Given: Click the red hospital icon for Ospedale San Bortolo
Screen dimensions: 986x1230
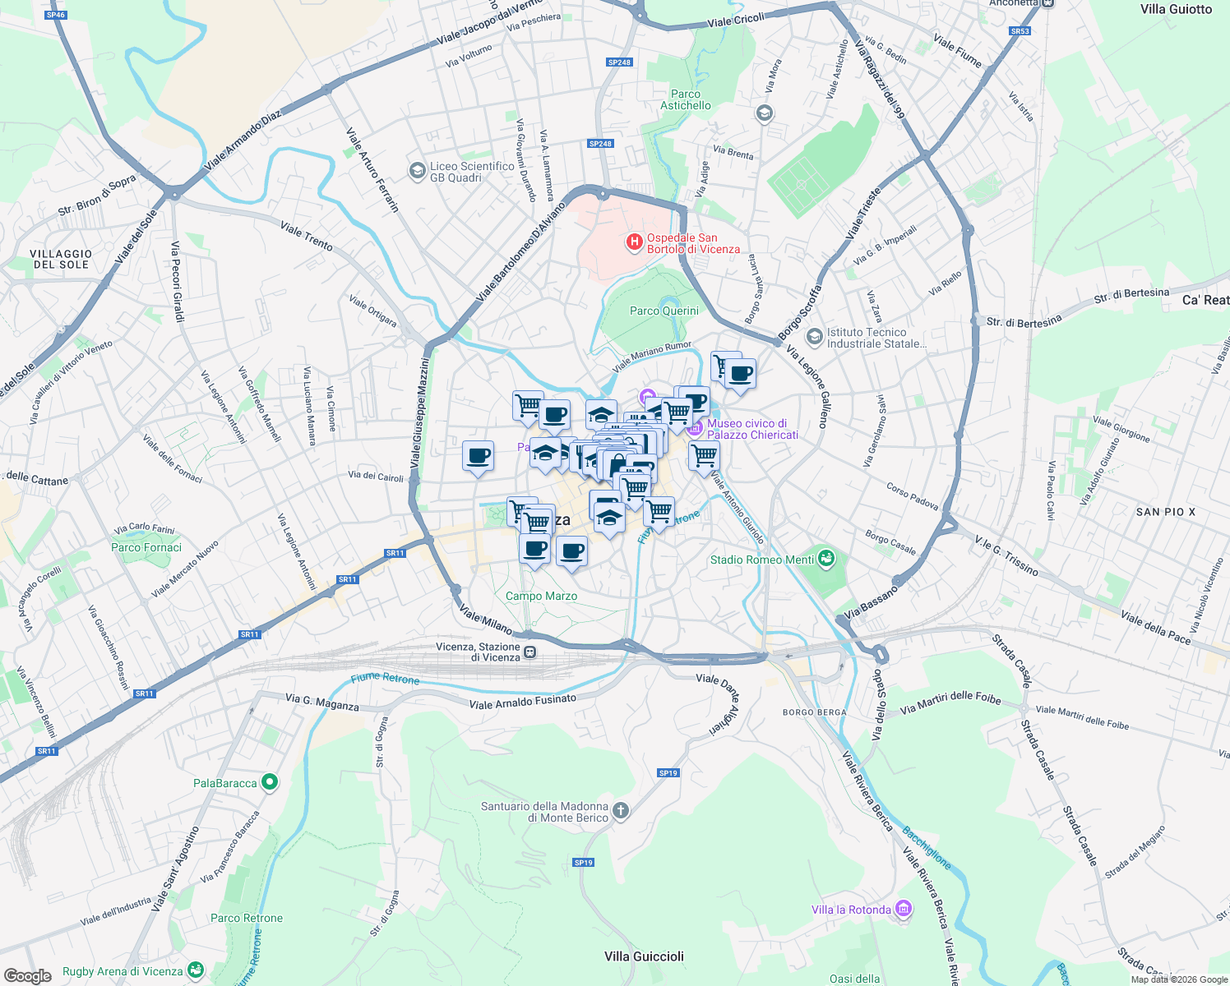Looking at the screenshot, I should (634, 242).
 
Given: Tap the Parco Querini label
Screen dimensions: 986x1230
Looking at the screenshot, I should (664, 311).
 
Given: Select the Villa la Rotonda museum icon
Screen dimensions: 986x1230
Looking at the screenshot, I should (904, 909).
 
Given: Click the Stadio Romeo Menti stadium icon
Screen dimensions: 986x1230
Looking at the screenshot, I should (826, 560).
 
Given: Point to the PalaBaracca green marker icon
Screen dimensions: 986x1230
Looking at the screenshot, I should (269, 782).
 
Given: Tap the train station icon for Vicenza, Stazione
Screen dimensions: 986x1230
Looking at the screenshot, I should (530, 652).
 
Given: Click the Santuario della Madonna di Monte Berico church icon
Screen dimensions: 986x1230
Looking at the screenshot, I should (620, 812).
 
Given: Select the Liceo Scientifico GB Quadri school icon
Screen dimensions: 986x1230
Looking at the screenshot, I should (417, 171).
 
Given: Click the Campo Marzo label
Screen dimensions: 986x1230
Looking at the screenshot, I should (541, 596).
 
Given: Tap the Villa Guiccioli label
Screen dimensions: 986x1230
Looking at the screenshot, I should (644, 956).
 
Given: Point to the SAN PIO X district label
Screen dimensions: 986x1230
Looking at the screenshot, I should (1165, 512).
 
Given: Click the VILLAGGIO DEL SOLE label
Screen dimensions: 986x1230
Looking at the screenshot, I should (61, 260).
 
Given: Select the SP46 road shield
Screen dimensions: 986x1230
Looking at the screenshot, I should (56, 15).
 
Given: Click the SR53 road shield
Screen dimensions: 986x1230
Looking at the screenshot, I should (1020, 31).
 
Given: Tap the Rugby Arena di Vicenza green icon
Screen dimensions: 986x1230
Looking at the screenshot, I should (195, 971).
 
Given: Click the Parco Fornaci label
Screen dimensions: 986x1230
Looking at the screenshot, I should (146, 547).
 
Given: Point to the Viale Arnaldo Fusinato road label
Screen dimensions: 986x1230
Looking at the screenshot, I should (522, 701).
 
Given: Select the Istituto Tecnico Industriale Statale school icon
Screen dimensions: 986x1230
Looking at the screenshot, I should (814, 337).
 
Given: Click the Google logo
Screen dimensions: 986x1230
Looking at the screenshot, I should (27, 975).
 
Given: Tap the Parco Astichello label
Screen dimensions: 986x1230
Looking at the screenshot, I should (685, 99).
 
